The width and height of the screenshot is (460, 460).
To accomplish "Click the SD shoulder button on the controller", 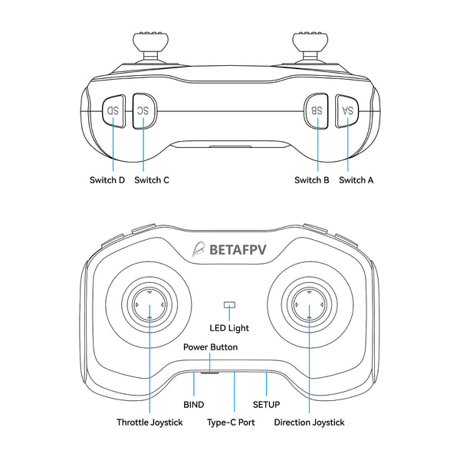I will pos(113,110).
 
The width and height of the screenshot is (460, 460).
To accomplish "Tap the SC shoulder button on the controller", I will pos(143,110).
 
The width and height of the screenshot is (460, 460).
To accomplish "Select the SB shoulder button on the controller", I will pos(317,110).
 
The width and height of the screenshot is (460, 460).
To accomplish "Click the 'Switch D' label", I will pos(107,180).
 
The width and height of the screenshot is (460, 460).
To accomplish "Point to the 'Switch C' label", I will pos(151,180).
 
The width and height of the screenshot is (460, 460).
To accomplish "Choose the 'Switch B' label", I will pos(312,180).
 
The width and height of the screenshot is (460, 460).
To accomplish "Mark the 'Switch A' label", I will pos(356,180).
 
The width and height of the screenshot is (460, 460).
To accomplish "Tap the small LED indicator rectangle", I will pos(228,305).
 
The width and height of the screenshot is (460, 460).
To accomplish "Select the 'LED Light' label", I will pos(229,328).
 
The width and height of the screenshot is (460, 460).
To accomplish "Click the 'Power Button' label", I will pos(210,347).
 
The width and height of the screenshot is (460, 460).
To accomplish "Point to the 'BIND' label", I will pos(194,404).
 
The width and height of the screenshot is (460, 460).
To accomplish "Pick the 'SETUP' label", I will pos(266,404).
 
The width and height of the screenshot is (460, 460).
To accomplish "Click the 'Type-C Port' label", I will pos(231,422).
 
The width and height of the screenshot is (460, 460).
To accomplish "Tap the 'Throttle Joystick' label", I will pos(149,422).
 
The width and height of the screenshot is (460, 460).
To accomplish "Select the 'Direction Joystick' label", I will pos(309,422).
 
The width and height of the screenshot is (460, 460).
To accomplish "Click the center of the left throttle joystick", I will pos(149,305).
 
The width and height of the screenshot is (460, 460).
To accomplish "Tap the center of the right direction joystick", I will pos(309,305).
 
